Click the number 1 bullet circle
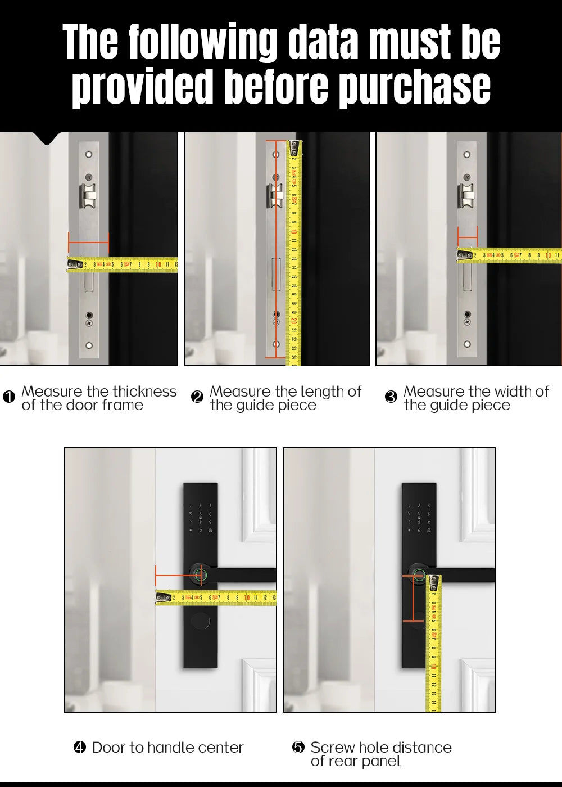[9, 397]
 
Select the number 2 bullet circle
[197, 397]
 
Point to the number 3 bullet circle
[391, 397]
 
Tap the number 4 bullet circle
[80, 747]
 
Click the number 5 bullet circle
[298, 747]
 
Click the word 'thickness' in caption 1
[143, 391]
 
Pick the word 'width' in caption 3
[508, 391]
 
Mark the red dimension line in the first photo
[88, 242]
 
